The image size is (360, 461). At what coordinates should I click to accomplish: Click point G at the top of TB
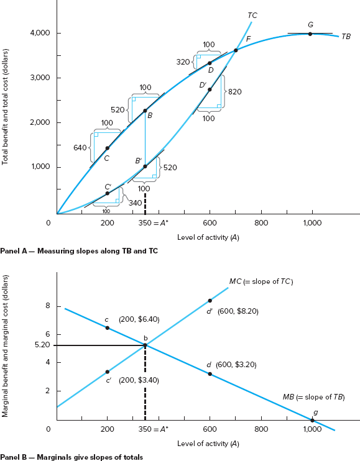(x=310, y=34)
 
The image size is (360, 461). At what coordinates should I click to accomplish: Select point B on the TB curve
(x=145, y=111)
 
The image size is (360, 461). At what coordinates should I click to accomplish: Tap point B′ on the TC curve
(x=145, y=166)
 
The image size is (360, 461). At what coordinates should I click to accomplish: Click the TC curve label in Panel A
(x=252, y=15)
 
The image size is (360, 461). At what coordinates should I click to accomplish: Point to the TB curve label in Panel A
(x=346, y=37)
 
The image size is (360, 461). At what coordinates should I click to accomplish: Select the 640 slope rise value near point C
(x=80, y=148)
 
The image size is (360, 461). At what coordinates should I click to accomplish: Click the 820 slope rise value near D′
(x=234, y=91)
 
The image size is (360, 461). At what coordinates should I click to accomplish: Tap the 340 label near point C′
(x=135, y=203)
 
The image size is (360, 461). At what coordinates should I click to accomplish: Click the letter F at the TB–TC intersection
(x=248, y=39)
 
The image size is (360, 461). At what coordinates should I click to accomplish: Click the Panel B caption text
(x=72, y=457)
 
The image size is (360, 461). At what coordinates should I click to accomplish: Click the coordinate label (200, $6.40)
(x=139, y=319)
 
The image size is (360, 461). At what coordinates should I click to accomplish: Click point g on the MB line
(x=312, y=421)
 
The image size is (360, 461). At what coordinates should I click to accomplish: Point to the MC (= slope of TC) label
(x=261, y=281)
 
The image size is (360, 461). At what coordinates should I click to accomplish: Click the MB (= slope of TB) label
(x=313, y=396)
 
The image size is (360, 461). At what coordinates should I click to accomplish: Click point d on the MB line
(x=210, y=374)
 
